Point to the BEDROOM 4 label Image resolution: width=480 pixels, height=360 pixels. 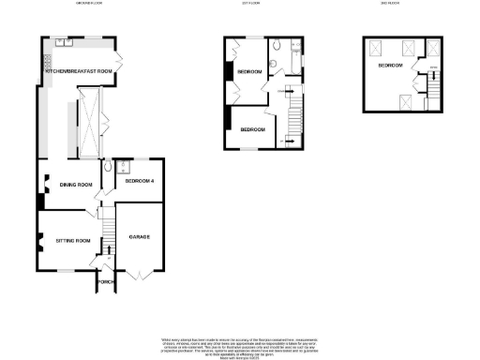(138, 180)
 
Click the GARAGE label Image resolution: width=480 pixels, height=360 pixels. (140, 237)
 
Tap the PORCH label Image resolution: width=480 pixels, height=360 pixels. (105, 282)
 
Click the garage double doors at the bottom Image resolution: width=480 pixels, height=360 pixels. (138, 276)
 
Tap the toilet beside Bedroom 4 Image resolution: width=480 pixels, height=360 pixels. (111, 166)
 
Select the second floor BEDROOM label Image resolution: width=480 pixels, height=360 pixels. (391, 67)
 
